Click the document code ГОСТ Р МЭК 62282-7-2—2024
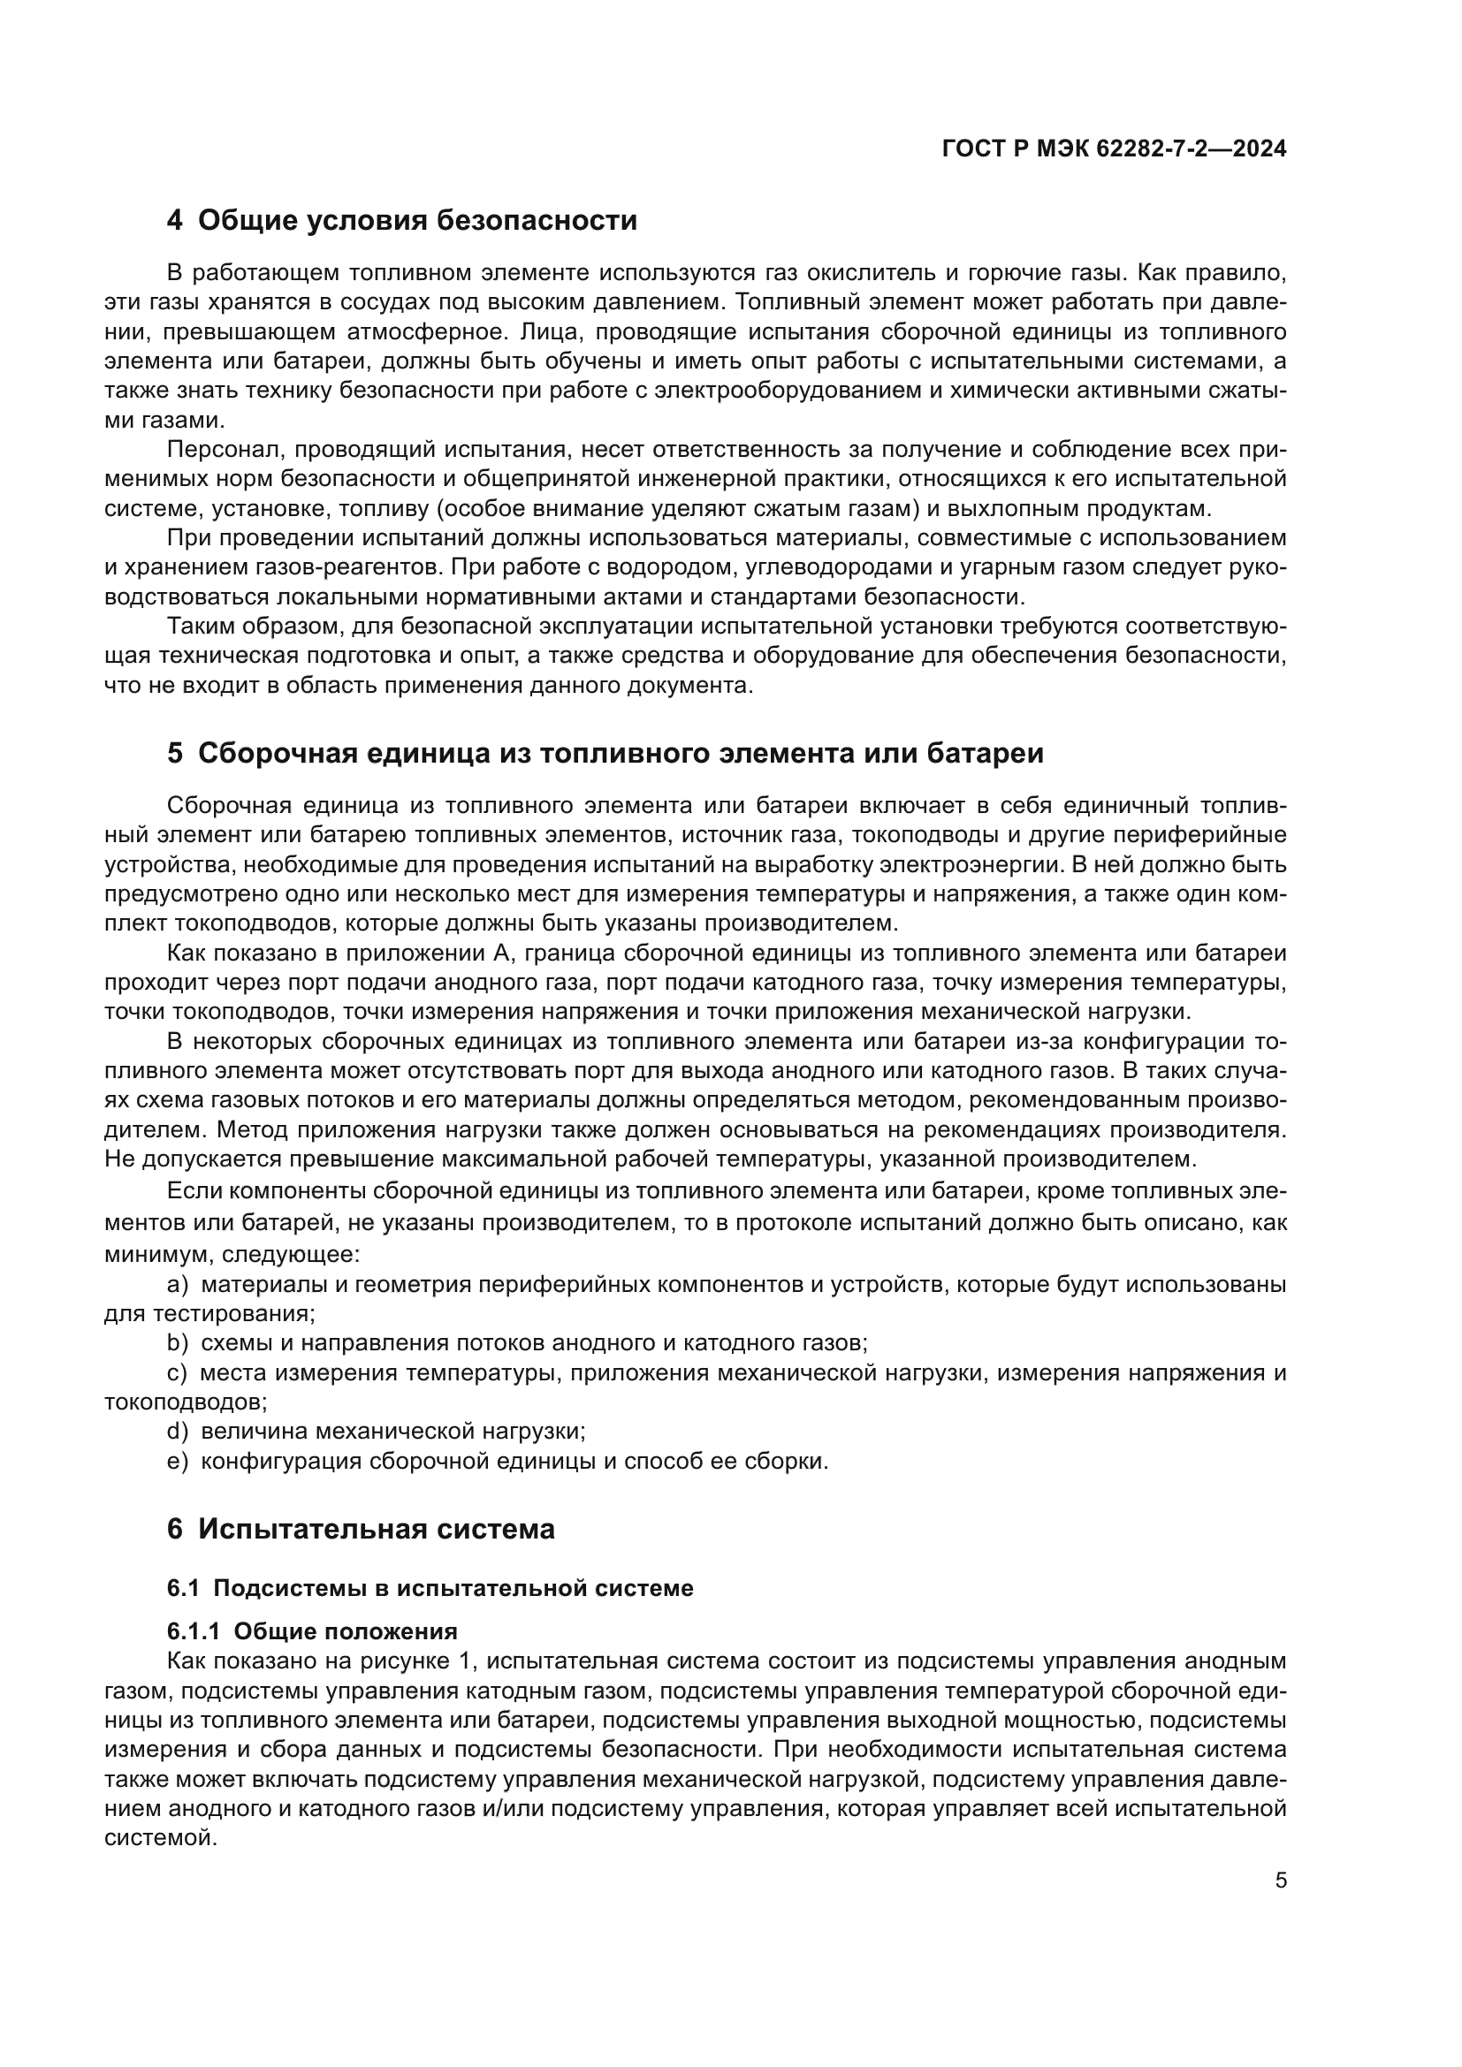[1114, 149]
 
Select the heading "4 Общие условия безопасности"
[401, 221]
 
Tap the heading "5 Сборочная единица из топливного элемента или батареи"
[605, 754]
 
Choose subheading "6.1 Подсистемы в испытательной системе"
[430, 1588]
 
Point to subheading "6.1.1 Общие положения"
[312, 1631]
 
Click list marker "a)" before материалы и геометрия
[178, 1284]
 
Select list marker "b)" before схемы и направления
[178, 1343]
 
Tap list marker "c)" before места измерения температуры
[178, 1373]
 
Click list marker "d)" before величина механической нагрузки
[178, 1431]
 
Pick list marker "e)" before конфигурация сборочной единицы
[178, 1460]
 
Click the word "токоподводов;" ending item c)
[186, 1402]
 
